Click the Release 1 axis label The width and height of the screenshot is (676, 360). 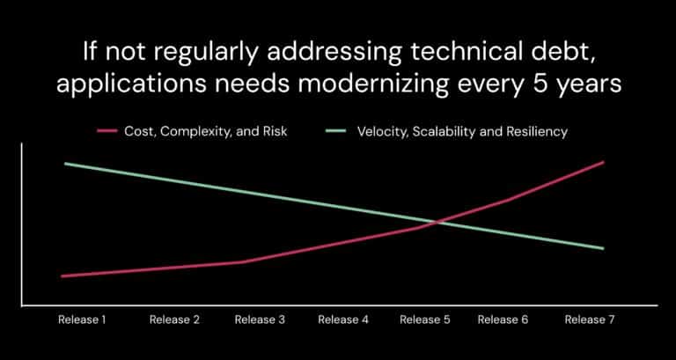pos(82,320)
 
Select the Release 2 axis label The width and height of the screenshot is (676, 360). pos(174,320)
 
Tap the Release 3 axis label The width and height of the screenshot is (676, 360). pos(260,320)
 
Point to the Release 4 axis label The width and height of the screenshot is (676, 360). pos(343,320)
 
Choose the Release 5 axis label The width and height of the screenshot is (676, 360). pos(425,320)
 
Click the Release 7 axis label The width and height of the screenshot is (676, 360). pos(589,320)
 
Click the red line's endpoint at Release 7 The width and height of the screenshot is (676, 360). pos(604,162)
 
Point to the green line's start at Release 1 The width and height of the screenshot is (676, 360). pos(64,164)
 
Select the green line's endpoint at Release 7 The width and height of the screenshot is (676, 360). pos(604,248)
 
